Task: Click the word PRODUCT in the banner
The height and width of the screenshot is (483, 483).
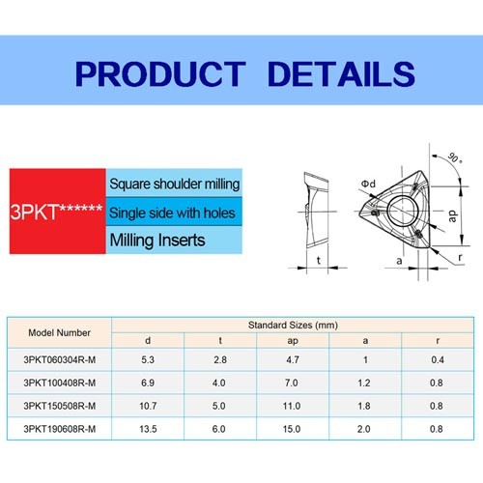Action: click(160, 74)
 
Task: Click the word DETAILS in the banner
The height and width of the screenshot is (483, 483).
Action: click(341, 74)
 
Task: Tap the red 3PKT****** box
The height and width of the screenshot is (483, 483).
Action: click(58, 212)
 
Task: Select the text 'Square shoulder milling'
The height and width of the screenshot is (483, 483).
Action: click(175, 185)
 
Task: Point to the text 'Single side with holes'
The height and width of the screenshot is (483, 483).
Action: click(172, 213)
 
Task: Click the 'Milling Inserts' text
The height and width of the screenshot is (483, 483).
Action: click(157, 241)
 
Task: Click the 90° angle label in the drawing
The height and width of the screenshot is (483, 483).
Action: click(454, 157)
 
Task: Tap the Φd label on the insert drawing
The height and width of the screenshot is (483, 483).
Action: click(368, 184)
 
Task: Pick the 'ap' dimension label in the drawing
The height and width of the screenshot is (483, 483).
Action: click(452, 216)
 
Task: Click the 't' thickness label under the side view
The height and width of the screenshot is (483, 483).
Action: click(319, 260)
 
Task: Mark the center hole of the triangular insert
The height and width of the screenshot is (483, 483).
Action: click(403, 211)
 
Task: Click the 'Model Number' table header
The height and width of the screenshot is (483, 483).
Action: click(59, 332)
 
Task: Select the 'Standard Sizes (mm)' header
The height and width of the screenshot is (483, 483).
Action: click(293, 326)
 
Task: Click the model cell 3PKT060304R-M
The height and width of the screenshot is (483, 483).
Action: click(60, 359)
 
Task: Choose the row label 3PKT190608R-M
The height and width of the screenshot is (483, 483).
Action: click(60, 429)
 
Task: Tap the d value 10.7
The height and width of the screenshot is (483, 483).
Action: click(148, 406)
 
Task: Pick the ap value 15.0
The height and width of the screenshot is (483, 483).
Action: click(292, 429)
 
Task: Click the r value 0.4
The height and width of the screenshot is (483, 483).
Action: click(438, 359)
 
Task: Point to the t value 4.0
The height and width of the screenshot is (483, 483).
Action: click(219, 383)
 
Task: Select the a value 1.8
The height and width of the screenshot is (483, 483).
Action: click(364, 406)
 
